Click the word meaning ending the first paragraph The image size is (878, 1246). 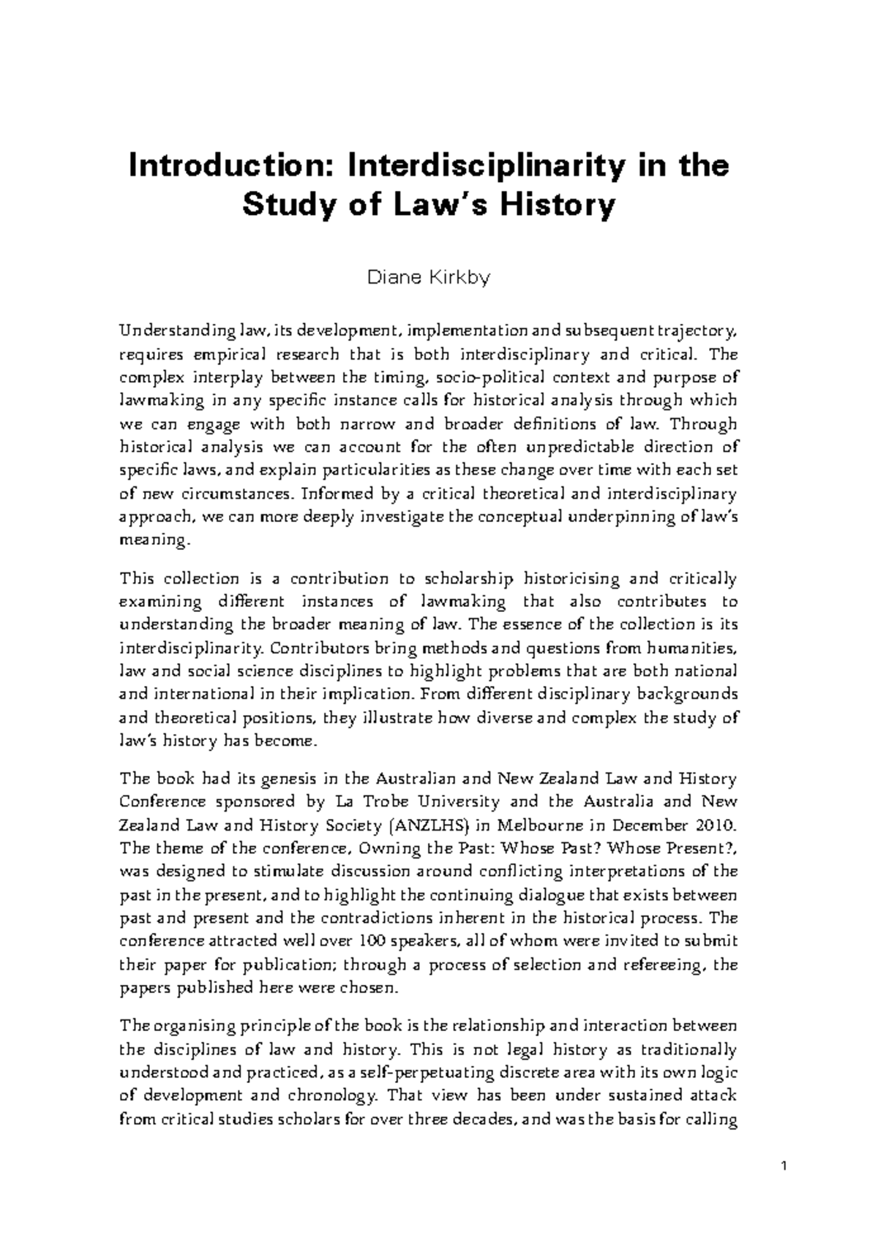[154, 540]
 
